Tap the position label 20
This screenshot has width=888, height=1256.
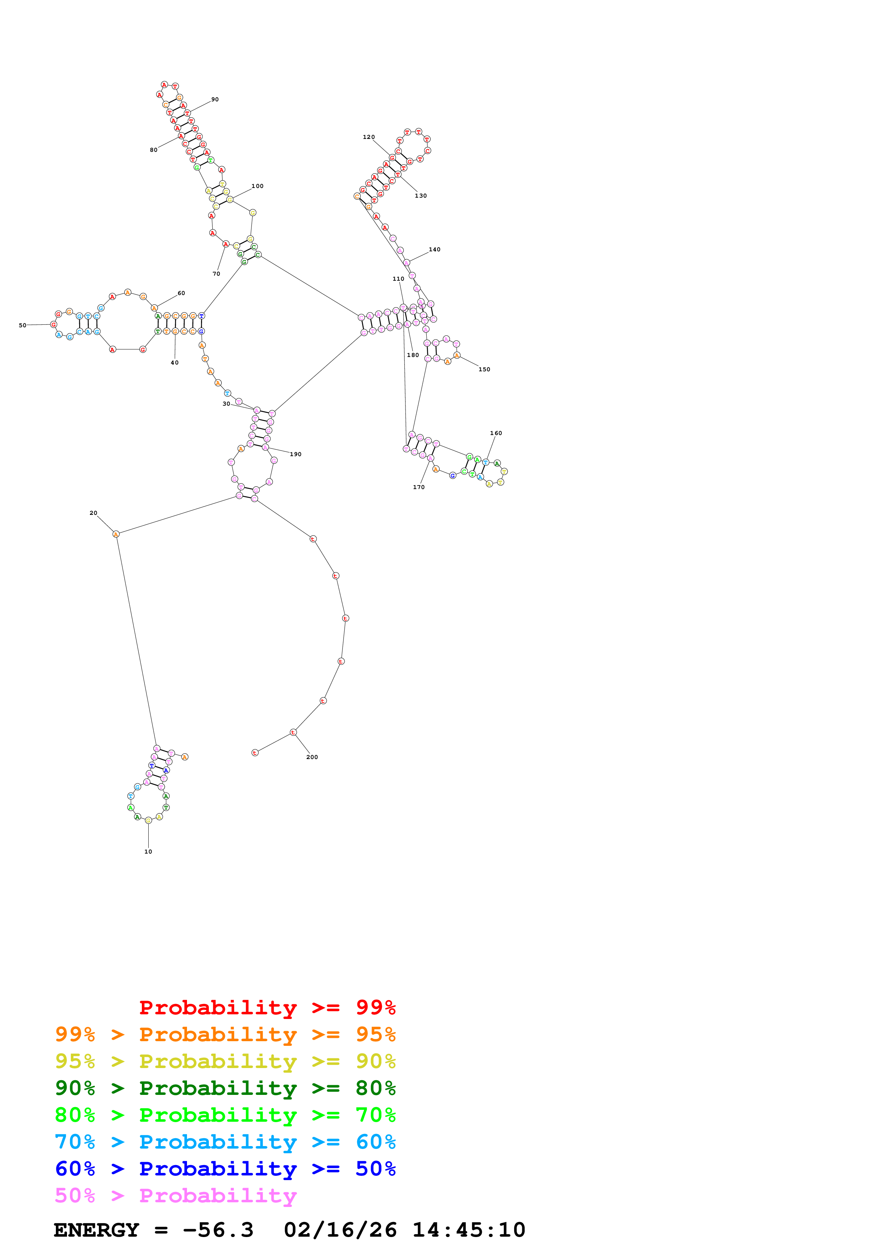[93, 513]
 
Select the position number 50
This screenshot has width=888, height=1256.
[23, 325]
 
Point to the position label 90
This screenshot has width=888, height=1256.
[215, 100]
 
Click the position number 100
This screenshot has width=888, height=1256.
[257, 186]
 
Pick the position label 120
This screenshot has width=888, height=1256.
[369, 137]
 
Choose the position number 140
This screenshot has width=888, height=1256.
[435, 250]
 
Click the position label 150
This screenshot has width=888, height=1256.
[484, 369]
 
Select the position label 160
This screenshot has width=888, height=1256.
[496, 433]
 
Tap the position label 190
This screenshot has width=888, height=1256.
[296, 454]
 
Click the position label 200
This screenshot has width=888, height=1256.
[312, 757]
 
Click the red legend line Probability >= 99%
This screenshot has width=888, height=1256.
[267, 1007]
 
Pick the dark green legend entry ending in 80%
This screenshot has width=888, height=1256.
[225, 1088]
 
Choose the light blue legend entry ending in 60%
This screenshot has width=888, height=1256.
[225, 1142]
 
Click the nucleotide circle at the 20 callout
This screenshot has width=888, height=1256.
[116, 534]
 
